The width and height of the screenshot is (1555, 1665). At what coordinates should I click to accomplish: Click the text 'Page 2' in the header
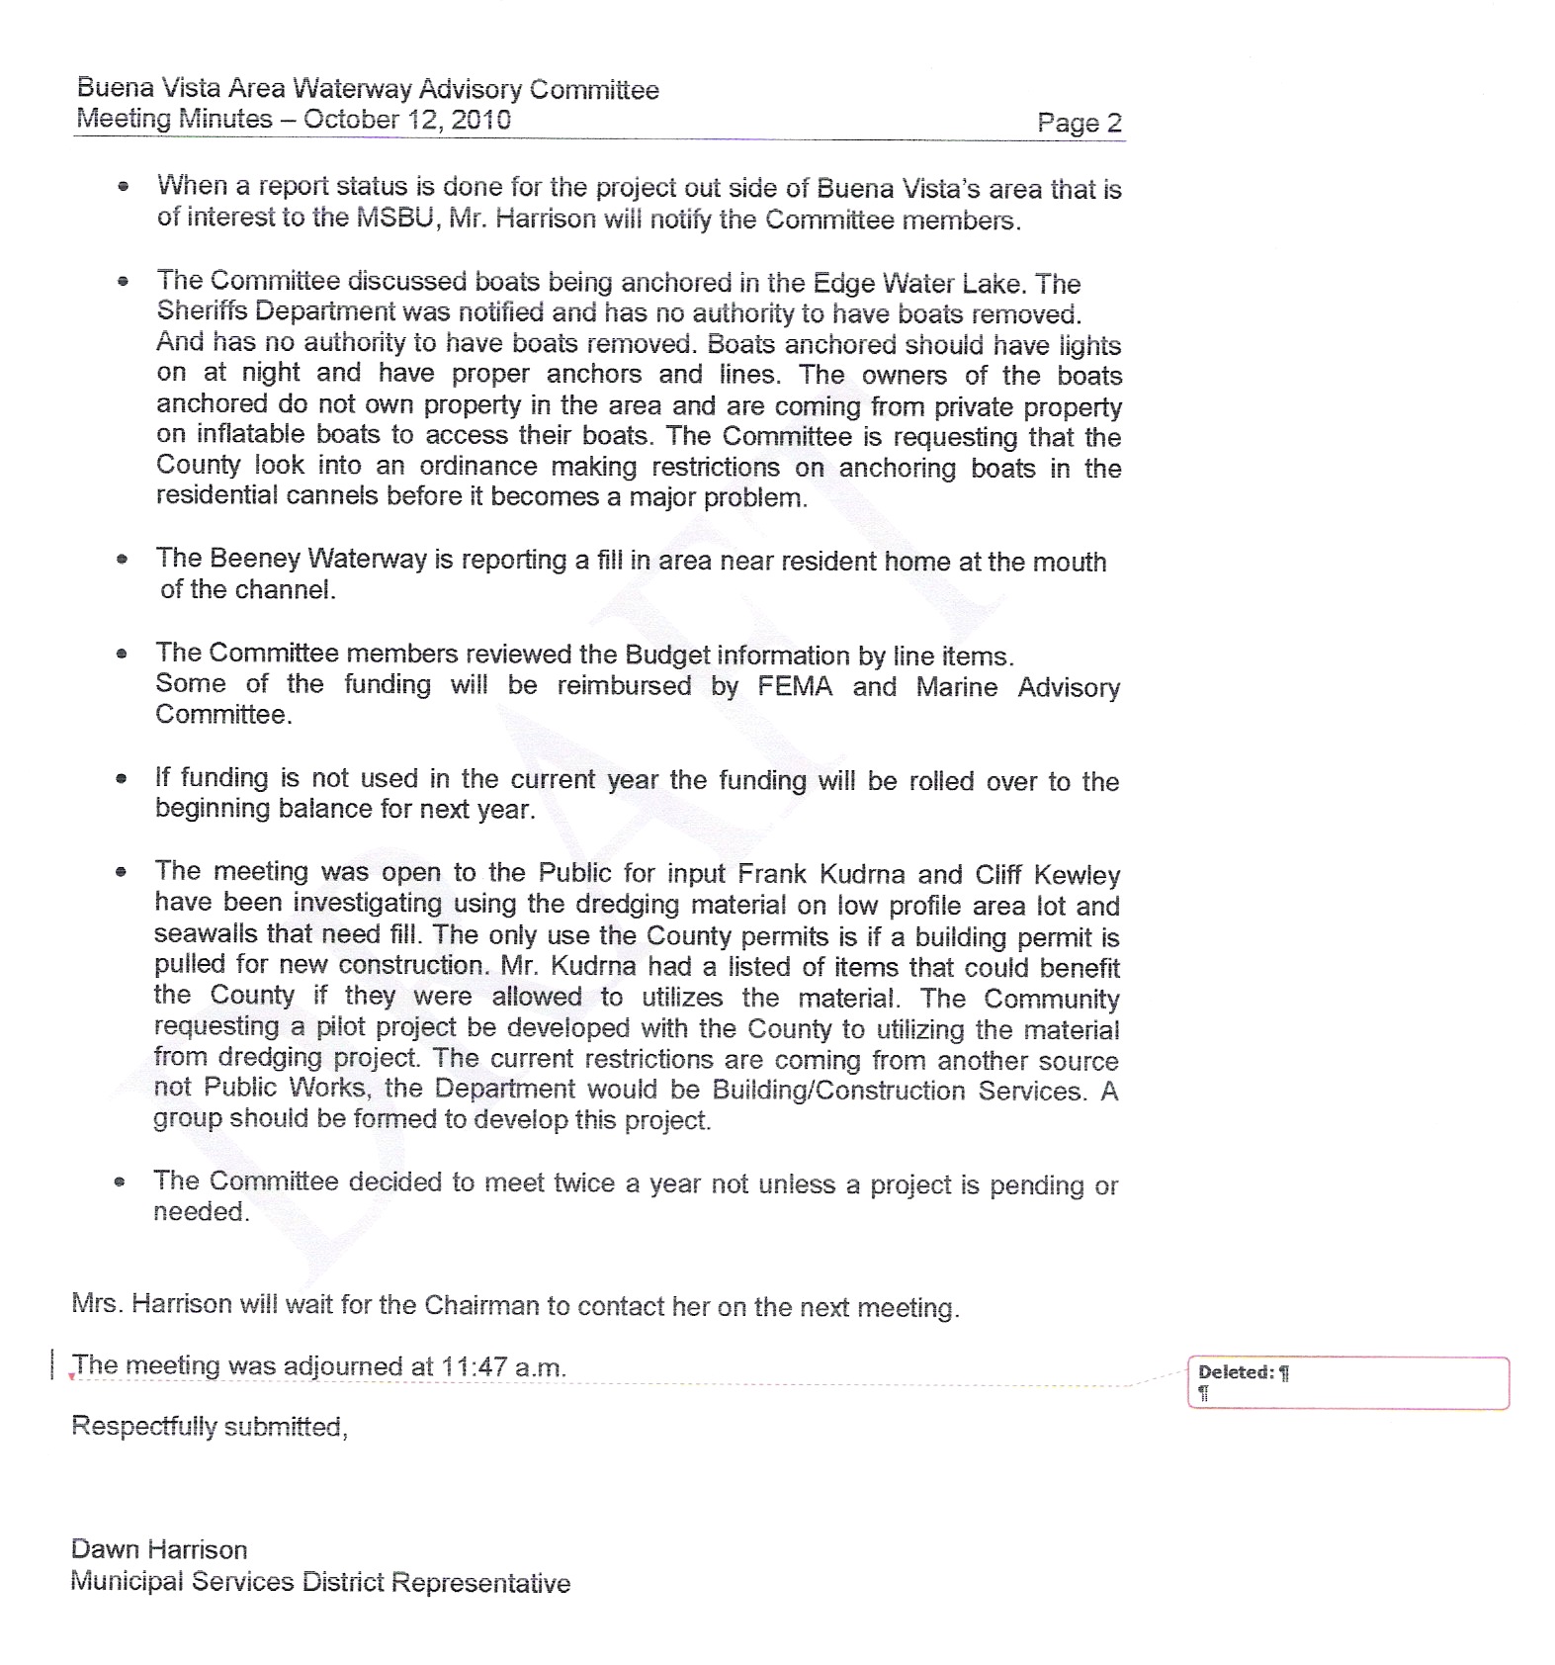click(1079, 123)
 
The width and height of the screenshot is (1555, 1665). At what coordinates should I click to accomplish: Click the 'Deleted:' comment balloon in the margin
click(1347, 1381)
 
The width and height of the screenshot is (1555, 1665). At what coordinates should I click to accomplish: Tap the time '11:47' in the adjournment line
click(474, 1367)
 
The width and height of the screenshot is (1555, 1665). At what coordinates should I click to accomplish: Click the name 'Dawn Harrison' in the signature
click(159, 1549)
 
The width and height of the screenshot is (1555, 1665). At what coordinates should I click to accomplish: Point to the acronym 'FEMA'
click(795, 686)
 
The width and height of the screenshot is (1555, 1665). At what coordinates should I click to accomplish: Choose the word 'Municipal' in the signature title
click(127, 1582)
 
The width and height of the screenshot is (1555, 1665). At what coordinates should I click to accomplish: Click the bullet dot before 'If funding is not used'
click(121, 779)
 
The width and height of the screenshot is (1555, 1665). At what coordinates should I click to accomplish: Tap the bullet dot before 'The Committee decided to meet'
click(120, 1182)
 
